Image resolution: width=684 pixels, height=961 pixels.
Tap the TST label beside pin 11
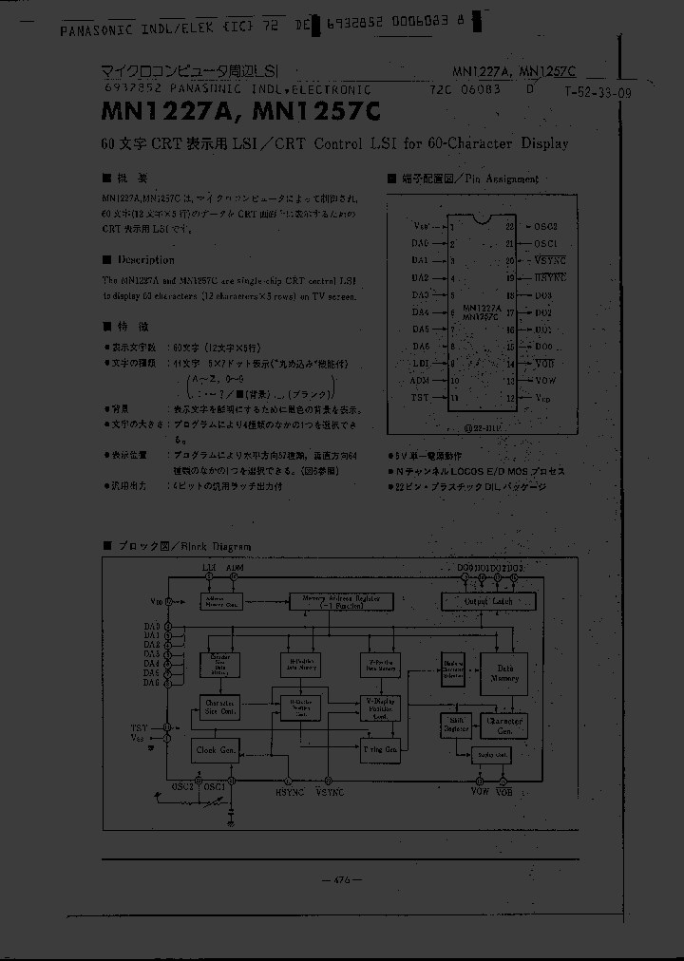click(420, 397)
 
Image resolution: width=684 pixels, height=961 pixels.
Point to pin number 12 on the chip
click(510, 397)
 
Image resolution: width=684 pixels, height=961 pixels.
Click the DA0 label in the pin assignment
click(420, 243)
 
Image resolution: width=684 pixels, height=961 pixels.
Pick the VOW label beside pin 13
click(543, 380)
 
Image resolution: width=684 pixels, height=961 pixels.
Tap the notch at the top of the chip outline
click(483, 219)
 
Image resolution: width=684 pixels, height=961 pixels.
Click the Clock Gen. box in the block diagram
click(217, 749)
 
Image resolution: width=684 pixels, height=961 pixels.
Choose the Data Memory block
click(503, 673)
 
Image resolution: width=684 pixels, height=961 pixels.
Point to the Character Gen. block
click(503, 725)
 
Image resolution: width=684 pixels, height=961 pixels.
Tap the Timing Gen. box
click(380, 749)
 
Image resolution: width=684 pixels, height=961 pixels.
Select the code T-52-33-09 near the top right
click(597, 92)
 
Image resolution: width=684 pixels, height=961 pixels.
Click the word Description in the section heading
click(145, 259)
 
